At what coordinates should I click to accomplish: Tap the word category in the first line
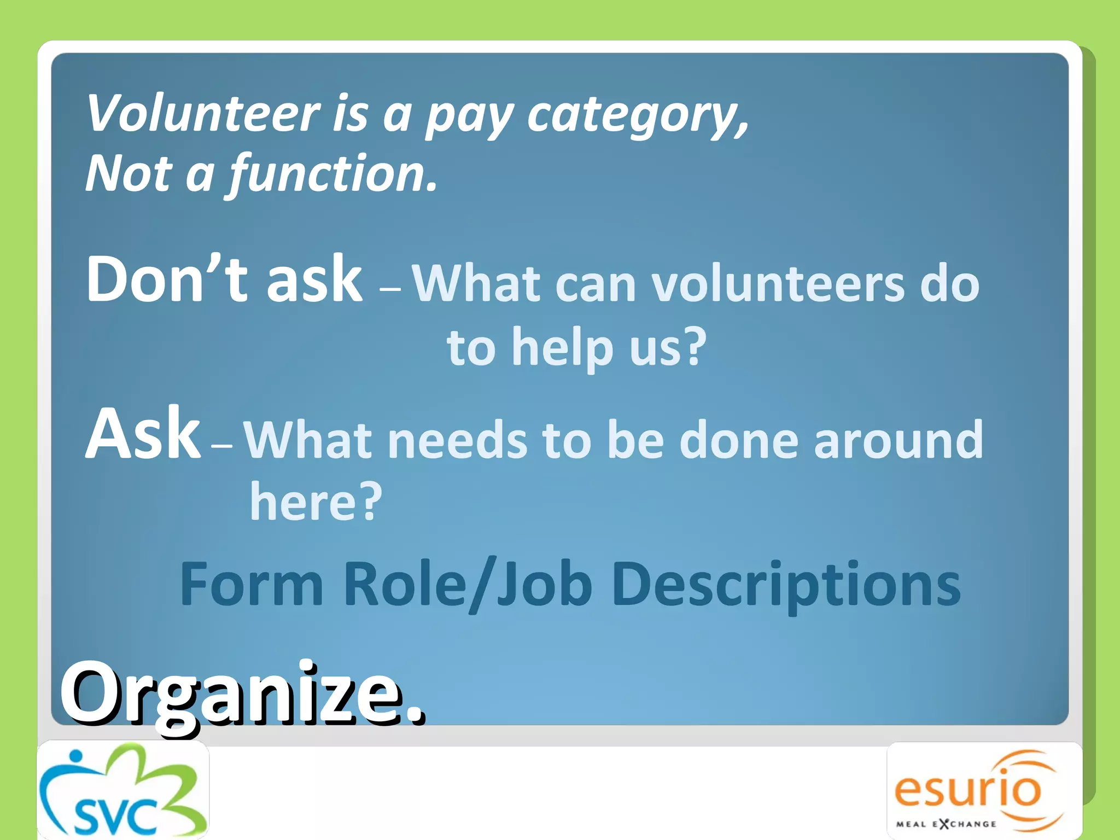click(x=637, y=116)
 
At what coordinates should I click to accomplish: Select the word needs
click(x=457, y=441)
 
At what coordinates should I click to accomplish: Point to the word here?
click(x=316, y=501)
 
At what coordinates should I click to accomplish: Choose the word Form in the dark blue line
click(x=252, y=584)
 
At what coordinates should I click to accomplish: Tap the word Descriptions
click(x=786, y=584)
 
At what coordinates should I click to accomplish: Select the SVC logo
click(x=122, y=791)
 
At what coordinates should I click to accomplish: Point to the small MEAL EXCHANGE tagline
click(x=946, y=824)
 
